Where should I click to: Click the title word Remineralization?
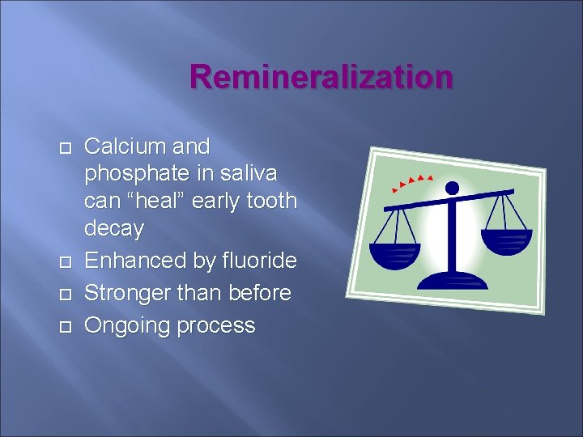click(x=321, y=78)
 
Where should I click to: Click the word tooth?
click(x=270, y=201)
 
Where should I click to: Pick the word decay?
click(x=114, y=229)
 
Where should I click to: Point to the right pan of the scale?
click(x=506, y=240)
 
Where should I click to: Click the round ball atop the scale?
click(x=452, y=188)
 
